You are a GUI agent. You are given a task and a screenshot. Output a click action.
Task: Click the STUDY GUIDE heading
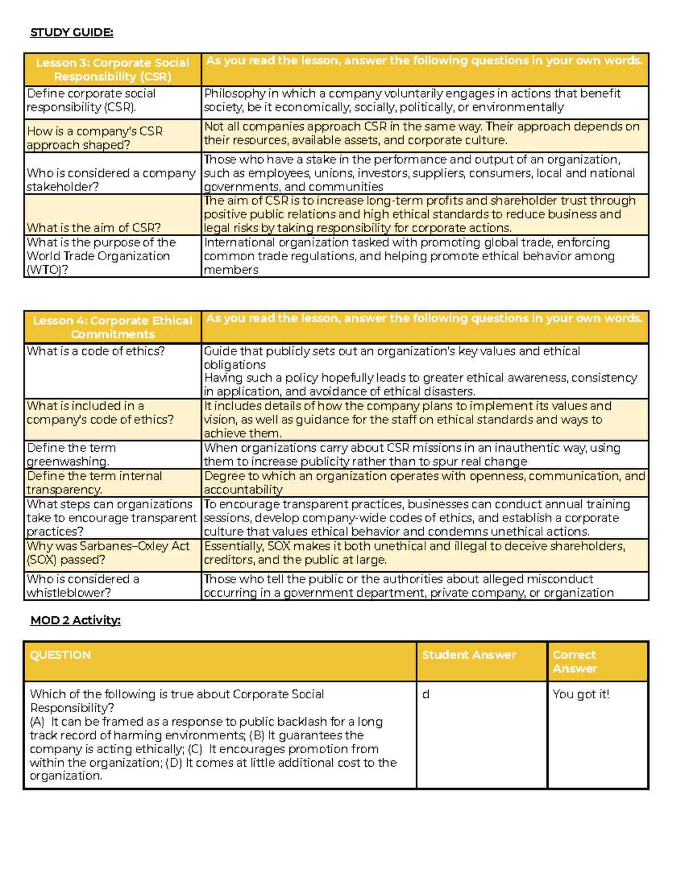[x=71, y=33]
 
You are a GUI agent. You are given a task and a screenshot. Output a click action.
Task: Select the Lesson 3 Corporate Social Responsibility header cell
[x=112, y=70]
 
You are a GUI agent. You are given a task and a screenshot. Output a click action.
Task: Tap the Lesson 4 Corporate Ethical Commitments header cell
[x=112, y=327]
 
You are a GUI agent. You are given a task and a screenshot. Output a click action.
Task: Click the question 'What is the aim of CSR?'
[x=94, y=228]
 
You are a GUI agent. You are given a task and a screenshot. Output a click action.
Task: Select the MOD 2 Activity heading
[x=75, y=620]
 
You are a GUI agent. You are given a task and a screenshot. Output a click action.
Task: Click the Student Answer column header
[x=469, y=655]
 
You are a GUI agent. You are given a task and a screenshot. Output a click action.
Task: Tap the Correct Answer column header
[x=574, y=662]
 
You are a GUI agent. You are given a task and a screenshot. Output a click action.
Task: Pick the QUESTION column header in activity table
[x=61, y=655]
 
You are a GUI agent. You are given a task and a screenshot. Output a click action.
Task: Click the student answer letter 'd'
[x=426, y=694]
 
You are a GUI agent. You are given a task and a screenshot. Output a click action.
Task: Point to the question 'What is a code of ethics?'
[x=95, y=351]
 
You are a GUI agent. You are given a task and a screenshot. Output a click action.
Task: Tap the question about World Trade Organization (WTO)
[x=100, y=256]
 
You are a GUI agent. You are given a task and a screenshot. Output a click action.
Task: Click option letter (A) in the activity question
[x=37, y=722]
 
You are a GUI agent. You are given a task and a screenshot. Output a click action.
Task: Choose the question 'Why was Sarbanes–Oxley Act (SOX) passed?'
[x=108, y=553]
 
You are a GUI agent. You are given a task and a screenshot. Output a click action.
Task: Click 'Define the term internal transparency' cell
[x=94, y=483]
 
